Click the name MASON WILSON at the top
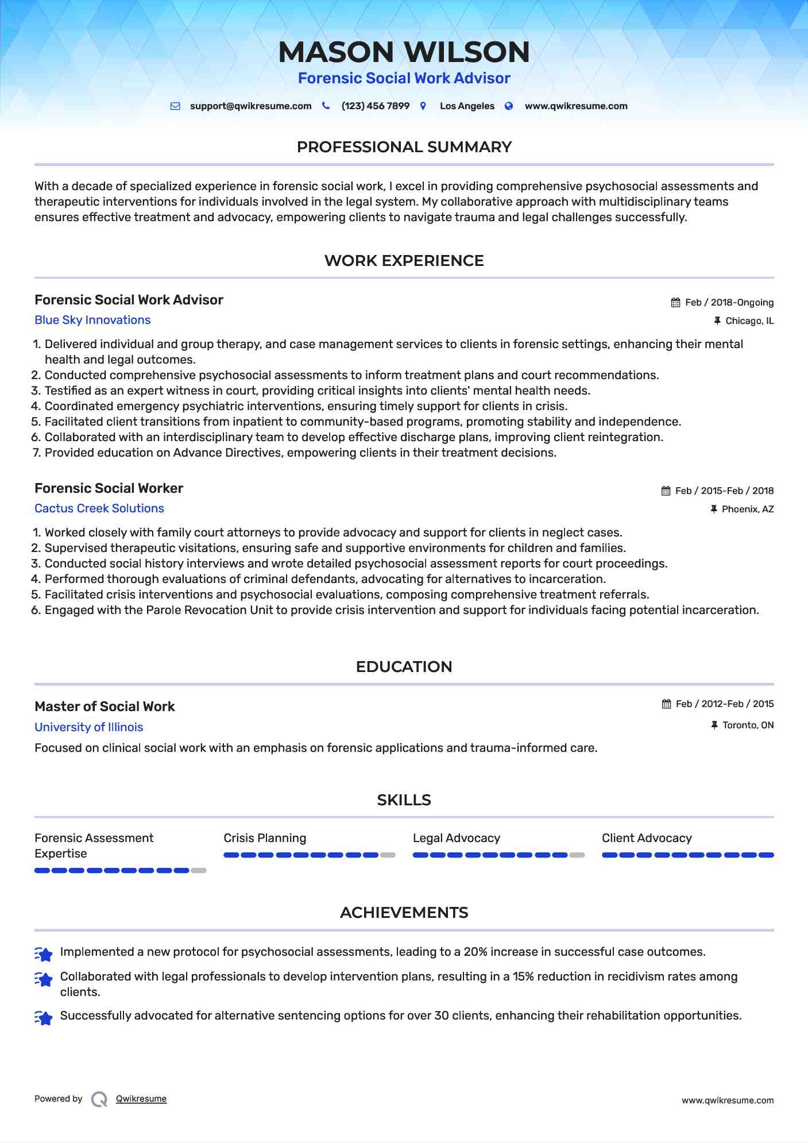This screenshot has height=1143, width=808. point(404,52)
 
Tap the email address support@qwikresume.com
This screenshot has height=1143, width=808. point(250,106)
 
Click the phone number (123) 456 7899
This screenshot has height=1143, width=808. point(375,106)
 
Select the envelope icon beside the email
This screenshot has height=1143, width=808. point(176,106)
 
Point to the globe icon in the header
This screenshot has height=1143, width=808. point(509,106)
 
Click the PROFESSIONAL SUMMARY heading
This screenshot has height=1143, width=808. point(404,147)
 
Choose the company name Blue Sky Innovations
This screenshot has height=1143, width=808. point(92,320)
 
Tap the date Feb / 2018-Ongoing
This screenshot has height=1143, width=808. point(729,303)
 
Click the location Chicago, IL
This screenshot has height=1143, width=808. point(749,321)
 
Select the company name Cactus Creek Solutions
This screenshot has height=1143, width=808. point(99,509)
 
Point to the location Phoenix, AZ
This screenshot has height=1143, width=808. point(748,509)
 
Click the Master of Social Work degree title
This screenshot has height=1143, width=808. point(105,707)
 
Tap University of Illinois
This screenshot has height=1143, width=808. point(89,728)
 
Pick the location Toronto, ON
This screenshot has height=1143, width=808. point(748,725)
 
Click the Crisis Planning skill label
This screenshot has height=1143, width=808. point(265,839)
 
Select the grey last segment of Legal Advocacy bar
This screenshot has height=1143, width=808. point(577,855)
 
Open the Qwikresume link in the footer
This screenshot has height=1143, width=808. point(141,1099)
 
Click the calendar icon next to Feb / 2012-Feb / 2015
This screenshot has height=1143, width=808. point(667,704)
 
